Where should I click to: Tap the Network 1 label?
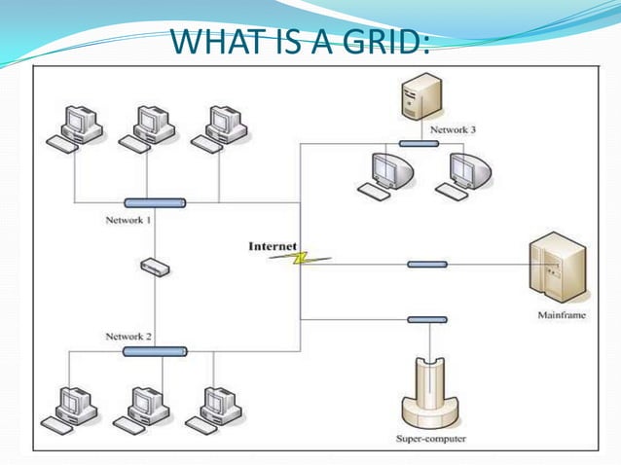pos(128,221)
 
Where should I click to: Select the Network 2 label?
pos(128,336)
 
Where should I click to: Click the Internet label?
pos(273,246)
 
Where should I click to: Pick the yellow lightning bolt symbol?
pos(300,258)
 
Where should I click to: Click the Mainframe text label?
pos(562,315)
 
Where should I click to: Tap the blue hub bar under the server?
pos(417,143)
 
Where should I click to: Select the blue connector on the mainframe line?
pos(426,264)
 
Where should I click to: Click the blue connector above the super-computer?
pos(426,319)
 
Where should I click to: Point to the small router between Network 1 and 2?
pos(154,266)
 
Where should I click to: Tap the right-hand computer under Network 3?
pos(467,174)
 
